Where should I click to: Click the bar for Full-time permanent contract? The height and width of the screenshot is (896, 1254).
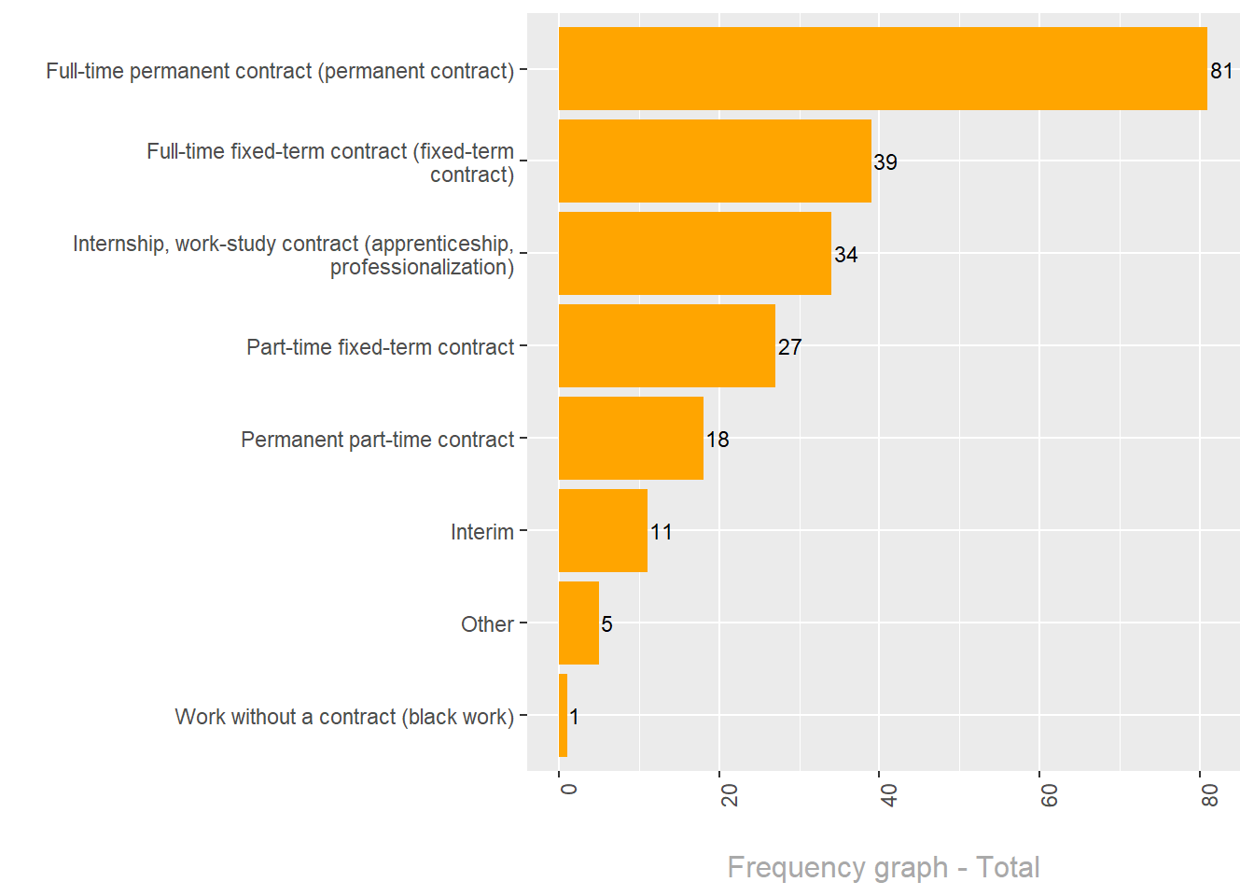point(882,69)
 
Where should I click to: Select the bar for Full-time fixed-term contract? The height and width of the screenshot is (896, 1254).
point(715,161)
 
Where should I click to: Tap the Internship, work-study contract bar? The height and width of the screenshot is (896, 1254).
point(694,253)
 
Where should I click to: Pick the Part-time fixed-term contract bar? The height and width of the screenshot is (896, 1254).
point(666,345)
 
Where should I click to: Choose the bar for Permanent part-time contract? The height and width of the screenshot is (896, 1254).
point(631,438)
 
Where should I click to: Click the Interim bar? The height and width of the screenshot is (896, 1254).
point(603,530)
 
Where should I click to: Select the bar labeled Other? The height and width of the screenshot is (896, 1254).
point(578,623)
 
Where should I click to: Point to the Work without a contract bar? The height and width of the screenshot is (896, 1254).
point(564,715)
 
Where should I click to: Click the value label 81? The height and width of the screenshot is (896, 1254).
point(1221,71)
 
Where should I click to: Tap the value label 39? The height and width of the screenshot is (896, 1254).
point(885,162)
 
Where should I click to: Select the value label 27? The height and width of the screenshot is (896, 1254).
point(789,347)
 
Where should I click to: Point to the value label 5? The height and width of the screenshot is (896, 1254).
point(606,624)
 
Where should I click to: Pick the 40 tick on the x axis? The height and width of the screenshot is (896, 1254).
point(888,794)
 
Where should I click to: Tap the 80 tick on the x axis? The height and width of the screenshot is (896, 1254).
point(1209,794)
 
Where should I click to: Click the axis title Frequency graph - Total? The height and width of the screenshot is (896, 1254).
point(883,867)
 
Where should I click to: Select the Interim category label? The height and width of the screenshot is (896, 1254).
point(481,532)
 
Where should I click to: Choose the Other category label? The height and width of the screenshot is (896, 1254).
point(487,624)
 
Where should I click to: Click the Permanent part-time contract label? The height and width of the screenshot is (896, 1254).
point(377,440)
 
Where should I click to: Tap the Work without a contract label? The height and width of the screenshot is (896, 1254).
point(344,717)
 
